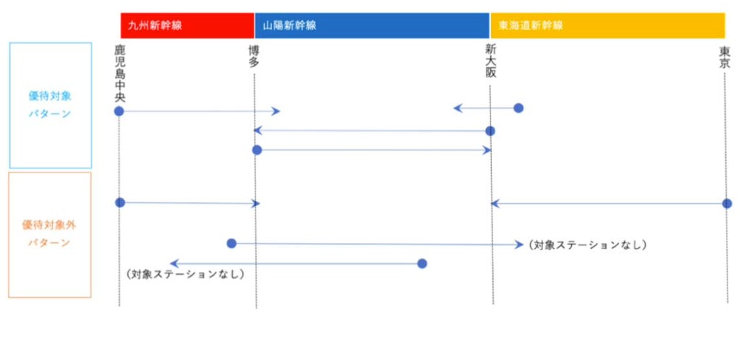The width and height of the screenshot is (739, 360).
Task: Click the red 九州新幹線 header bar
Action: click(x=187, y=25)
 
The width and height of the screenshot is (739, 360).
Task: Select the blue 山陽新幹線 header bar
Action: click(x=372, y=25)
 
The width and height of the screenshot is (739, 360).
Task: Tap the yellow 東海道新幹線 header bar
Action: click(x=607, y=25)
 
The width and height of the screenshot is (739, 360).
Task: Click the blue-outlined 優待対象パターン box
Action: click(x=50, y=106)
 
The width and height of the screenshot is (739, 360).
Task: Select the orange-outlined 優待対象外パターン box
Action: click(x=50, y=234)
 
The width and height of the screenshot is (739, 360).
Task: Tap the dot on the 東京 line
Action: click(x=727, y=204)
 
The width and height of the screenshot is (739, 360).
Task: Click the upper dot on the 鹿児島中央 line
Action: click(x=119, y=111)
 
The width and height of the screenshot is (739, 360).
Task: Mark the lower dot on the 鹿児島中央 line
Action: click(x=120, y=202)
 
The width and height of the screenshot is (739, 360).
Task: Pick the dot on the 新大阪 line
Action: click(x=490, y=131)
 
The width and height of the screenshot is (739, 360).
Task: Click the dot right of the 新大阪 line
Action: click(x=518, y=108)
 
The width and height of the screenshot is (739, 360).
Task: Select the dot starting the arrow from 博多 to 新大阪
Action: click(x=257, y=150)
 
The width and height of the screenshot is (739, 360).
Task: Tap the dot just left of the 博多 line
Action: click(x=231, y=244)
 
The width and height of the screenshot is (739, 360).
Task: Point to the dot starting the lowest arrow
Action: click(x=422, y=263)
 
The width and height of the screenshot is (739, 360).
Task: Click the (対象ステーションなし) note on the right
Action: click(x=587, y=245)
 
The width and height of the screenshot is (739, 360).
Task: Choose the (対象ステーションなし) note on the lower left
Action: click(x=184, y=275)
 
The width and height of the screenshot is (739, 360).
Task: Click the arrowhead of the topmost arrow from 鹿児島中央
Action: click(x=276, y=111)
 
